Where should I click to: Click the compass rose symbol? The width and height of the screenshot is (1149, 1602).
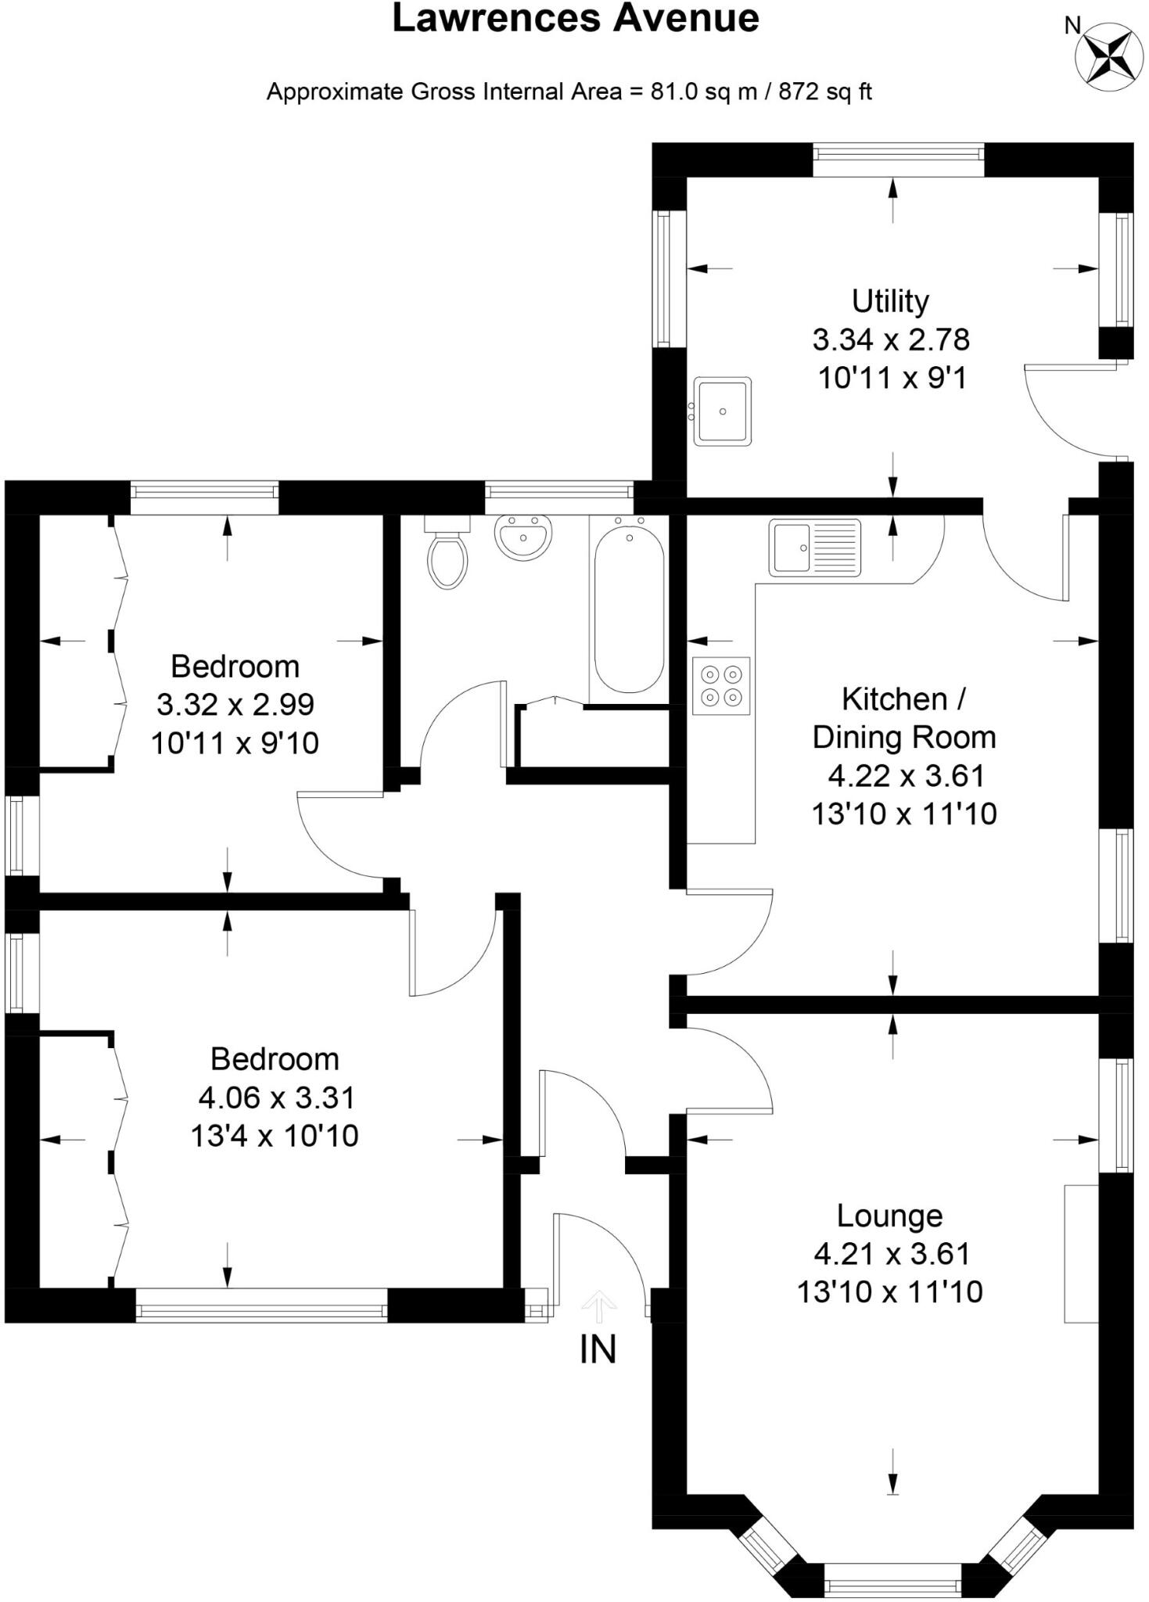pos(1108,53)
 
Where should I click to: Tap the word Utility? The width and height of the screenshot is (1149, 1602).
pos(890,301)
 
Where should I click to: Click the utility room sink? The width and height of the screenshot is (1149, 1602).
pos(722,411)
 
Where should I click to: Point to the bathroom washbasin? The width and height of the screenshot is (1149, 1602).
pos(523,537)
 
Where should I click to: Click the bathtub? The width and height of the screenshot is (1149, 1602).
pos(629,609)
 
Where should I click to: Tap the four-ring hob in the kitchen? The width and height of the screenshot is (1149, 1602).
pos(721,685)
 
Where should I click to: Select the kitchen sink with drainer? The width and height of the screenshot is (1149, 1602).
pos(814,548)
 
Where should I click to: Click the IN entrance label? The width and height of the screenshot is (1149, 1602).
pos(598,1349)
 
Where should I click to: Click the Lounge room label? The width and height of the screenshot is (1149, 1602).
pos(889,1216)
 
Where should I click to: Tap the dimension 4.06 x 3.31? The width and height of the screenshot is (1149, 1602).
pos(276,1097)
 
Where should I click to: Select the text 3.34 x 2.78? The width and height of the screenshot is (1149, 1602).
pos(891,339)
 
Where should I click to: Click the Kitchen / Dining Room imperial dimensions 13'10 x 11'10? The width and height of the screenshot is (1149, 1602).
pos(904,814)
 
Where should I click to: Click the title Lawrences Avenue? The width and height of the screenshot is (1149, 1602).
pos(575,19)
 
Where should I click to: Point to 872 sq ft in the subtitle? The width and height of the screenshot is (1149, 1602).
pos(824,92)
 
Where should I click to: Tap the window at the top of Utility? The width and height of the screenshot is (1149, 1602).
pos(898,160)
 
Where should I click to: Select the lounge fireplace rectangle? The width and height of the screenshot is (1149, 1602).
pos(1081,1253)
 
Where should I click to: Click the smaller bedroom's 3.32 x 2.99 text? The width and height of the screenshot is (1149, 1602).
pos(235,704)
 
